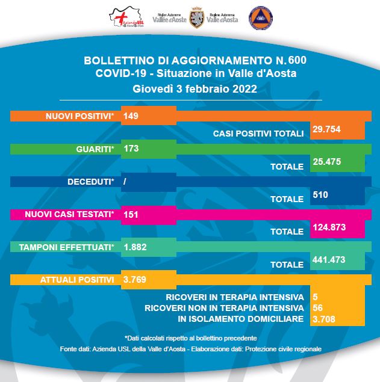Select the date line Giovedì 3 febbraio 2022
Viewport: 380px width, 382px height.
195,88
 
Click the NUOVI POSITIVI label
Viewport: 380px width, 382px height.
79,116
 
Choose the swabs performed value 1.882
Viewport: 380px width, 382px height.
134,247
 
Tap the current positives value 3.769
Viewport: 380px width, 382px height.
134,280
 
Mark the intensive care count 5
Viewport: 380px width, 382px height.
315,297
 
